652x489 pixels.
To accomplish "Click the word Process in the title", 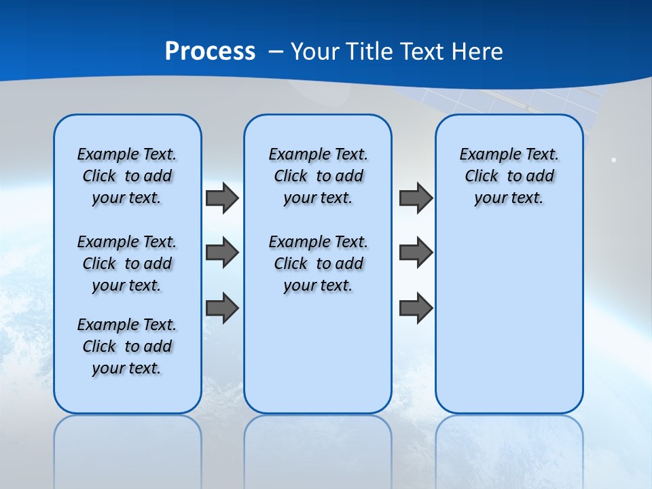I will click(210, 52).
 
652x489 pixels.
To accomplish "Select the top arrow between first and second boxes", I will click(222, 198).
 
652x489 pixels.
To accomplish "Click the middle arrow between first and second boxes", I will click(222, 253).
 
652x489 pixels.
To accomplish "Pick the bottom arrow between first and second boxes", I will click(222, 308).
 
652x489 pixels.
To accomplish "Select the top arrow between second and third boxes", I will click(416, 198).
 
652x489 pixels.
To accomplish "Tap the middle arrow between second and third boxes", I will click(416, 253).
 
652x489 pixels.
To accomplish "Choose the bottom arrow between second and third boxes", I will click(416, 308).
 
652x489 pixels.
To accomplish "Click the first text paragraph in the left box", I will click(127, 176).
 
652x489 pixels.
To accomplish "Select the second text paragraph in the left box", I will click(127, 264).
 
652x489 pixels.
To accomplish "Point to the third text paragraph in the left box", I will click(127, 346).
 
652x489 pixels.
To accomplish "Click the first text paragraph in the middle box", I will click(319, 176).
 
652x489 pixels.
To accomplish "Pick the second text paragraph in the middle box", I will click(319, 264).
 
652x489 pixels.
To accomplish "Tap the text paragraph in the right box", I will click(509, 176).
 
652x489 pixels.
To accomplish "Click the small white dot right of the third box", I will click(613, 160).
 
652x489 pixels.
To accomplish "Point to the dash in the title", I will click(276, 52).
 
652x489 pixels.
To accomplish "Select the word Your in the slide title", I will click(315, 52).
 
